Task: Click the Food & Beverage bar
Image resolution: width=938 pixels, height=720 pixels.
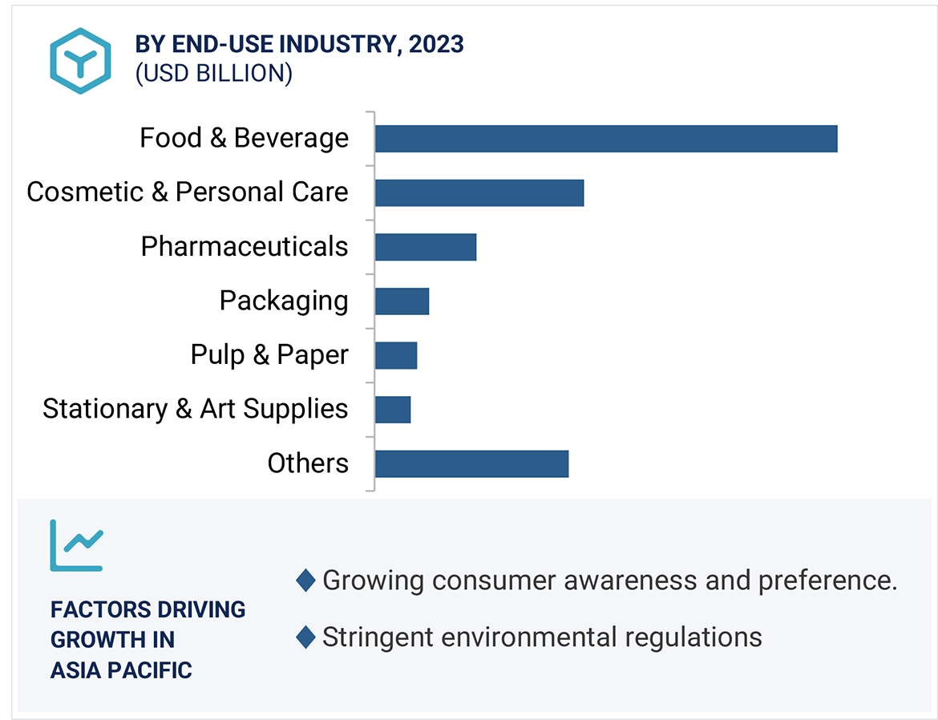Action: coord(605,139)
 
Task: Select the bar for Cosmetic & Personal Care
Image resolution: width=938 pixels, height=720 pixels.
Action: coord(479,193)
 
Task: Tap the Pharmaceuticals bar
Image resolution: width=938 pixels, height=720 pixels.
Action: coord(425,247)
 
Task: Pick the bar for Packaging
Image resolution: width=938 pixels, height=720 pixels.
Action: coord(402,301)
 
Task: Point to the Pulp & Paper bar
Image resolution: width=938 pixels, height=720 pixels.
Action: coord(395,355)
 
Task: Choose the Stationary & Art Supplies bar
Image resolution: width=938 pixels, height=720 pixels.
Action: coord(392,410)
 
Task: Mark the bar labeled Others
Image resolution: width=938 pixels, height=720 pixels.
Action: coord(471,463)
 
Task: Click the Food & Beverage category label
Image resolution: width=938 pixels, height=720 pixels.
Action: coord(244,138)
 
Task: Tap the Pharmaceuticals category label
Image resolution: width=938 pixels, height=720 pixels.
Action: coord(244,246)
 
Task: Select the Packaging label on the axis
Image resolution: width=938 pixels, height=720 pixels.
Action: coord(284,301)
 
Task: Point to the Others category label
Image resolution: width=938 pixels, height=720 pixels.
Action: coord(308,463)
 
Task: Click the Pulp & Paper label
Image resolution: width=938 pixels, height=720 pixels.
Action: coord(269,354)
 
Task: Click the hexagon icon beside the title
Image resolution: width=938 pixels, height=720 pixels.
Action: coord(80,61)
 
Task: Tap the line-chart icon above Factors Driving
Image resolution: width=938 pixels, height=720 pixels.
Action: coord(76,545)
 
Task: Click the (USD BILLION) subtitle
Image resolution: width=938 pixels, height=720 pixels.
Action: coord(213,74)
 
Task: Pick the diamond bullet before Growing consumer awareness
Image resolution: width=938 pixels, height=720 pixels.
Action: coord(305,580)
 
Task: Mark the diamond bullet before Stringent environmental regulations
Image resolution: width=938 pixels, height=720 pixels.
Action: coord(305,637)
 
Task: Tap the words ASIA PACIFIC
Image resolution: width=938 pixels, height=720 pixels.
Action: coord(121,670)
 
